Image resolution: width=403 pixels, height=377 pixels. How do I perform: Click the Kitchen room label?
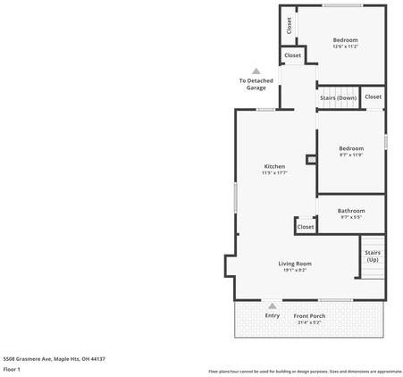(274, 166)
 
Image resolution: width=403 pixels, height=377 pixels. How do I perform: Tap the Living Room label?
(294, 264)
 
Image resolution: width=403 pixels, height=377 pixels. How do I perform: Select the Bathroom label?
(351, 211)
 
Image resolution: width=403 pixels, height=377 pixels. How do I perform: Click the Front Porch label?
(310, 316)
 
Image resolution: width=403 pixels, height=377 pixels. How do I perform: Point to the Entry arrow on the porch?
(273, 306)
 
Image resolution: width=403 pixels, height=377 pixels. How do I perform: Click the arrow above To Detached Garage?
(256, 71)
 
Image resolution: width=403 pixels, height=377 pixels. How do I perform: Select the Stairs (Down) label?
(339, 97)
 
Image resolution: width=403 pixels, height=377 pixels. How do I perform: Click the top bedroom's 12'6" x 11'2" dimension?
(346, 46)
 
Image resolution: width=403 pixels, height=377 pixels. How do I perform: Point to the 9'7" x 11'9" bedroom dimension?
(351, 155)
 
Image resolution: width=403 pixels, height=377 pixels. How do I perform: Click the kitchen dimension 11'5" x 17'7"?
(274, 173)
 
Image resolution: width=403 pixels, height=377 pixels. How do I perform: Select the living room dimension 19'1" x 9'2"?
(294, 270)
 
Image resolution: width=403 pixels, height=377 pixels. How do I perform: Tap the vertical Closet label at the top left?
(289, 26)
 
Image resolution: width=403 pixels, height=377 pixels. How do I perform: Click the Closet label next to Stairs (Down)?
(373, 96)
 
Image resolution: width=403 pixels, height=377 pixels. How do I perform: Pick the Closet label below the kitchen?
(306, 227)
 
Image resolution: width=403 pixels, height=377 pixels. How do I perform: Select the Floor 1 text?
(13, 369)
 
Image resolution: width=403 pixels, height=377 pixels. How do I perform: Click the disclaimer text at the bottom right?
(305, 371)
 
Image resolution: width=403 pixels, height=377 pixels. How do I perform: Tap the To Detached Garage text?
(256, 84)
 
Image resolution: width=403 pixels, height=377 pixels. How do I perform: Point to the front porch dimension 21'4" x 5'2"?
(310, 323)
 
